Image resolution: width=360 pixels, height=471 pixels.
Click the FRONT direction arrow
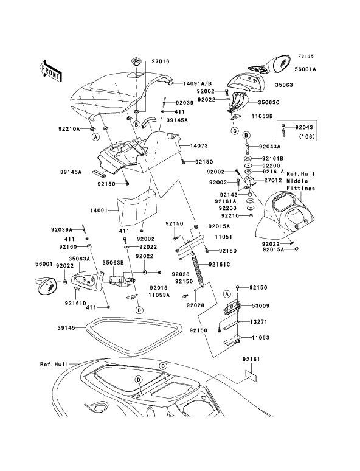point(50,71)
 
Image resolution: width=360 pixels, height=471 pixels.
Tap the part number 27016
point(161,61)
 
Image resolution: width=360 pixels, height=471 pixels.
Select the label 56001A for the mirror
point(305,69)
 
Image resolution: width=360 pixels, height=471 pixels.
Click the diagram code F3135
point(306,56)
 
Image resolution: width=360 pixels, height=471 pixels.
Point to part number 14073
point(199,145)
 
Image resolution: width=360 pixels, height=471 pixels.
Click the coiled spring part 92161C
point(196,268)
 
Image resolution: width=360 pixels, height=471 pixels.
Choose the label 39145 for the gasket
point(66,328)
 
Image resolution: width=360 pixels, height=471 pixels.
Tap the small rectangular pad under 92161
point(251,375)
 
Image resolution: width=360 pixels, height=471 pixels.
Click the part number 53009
point(260,306)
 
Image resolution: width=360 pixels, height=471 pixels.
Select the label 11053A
point(159,295)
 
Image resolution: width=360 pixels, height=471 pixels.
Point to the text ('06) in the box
point(306,136)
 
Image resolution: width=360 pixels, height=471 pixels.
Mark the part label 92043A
point(269,147)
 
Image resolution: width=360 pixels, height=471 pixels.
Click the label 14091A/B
point(197,83)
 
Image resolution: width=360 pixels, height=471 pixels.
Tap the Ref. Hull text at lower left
point(54,364)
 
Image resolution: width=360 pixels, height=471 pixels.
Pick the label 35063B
point(113,262)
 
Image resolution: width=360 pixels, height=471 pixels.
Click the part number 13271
point(259,322)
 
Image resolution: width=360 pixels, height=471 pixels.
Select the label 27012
point(273,180)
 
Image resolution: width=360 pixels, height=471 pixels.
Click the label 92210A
point(69,129)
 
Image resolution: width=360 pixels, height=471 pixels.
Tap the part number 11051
point(223,237)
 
